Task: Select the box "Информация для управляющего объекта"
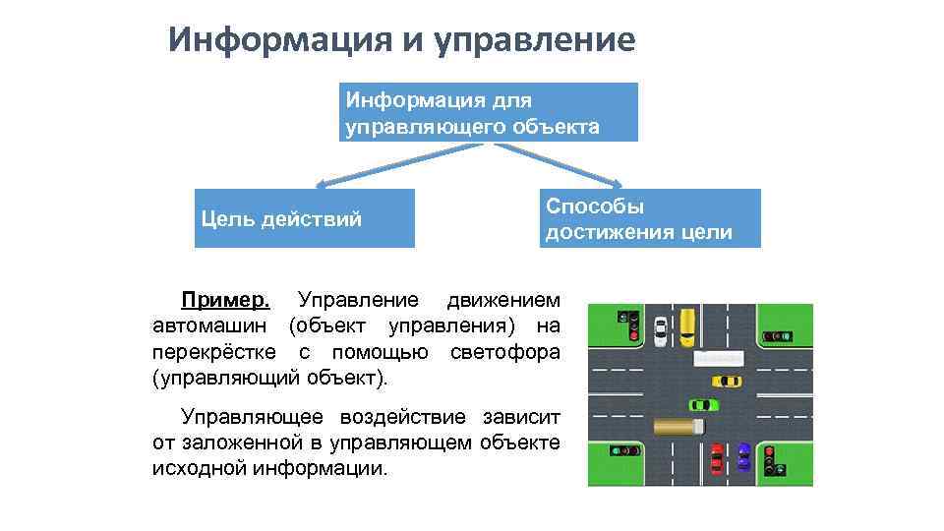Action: (x=489, y=112)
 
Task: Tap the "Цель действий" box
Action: (x=305, y=218)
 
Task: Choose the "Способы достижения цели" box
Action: (x=650, y=218)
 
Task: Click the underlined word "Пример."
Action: (x=225, y=300)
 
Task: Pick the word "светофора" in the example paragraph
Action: (x=506, y=352)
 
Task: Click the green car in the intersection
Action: (x=702, y=403)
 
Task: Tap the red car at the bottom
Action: (x=717, y=458)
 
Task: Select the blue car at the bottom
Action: (x=743, y=456)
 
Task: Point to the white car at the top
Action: (x=660, y=329)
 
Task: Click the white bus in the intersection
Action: (x=718, y=358)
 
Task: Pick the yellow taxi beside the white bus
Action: (x=729, y=380)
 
